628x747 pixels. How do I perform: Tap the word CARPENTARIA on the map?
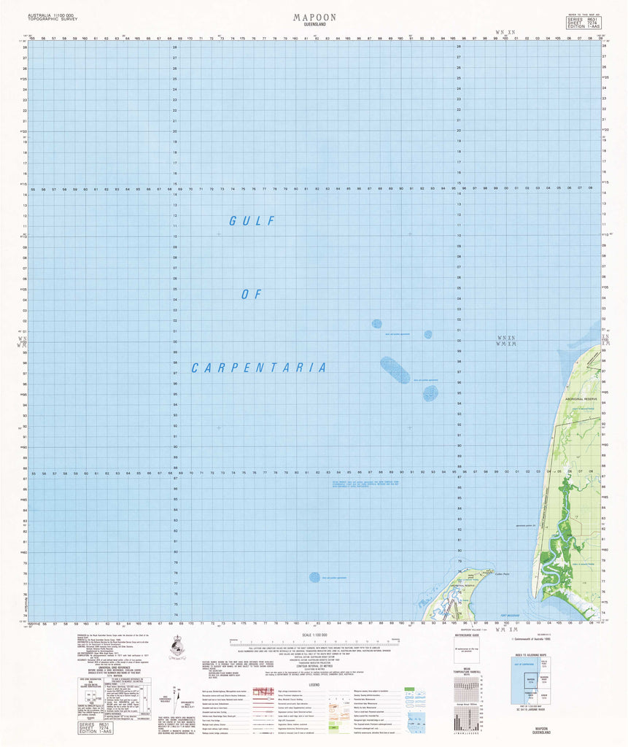[259, 368]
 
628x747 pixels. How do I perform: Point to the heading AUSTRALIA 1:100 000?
[51, 15]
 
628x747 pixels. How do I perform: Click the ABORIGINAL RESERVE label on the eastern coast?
[580, 400]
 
